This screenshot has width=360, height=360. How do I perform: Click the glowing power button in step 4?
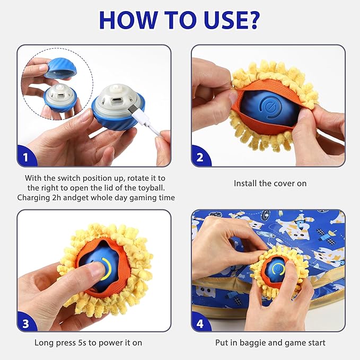pos(277,268)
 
